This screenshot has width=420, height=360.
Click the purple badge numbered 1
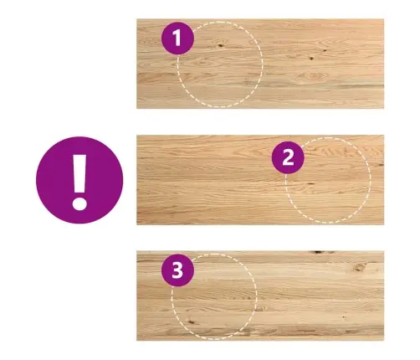[x=177, y=38]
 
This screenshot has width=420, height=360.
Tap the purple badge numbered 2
[x=288, y=157]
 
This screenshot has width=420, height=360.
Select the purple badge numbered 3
[x=177, y=270]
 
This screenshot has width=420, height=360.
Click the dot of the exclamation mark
[x=79, y=203]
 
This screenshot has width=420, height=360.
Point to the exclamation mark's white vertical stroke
[x=79, y=173]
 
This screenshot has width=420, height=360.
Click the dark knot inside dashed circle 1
[x=221, y=45]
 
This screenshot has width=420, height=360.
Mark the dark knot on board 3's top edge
[x=319, y=252]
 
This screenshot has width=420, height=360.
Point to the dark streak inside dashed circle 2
[x=310, y=184]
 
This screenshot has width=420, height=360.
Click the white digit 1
[x=177, y=38]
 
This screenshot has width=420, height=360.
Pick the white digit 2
[x=288, y=157]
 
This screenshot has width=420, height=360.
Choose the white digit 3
[x=177, y=270]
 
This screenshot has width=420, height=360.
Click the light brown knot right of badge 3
[x=360, y=267]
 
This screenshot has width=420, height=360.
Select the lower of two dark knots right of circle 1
[x=311, y=59]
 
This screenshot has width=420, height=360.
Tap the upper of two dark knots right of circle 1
[x=325, y=50]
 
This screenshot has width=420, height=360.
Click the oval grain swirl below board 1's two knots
[x=313, y=76]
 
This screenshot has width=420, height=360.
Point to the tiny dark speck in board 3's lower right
[x=343, y=317]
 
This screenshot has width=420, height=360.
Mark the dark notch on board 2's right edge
[x=381, y=165]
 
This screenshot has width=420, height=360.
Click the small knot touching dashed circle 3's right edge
[x=260, y=309]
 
